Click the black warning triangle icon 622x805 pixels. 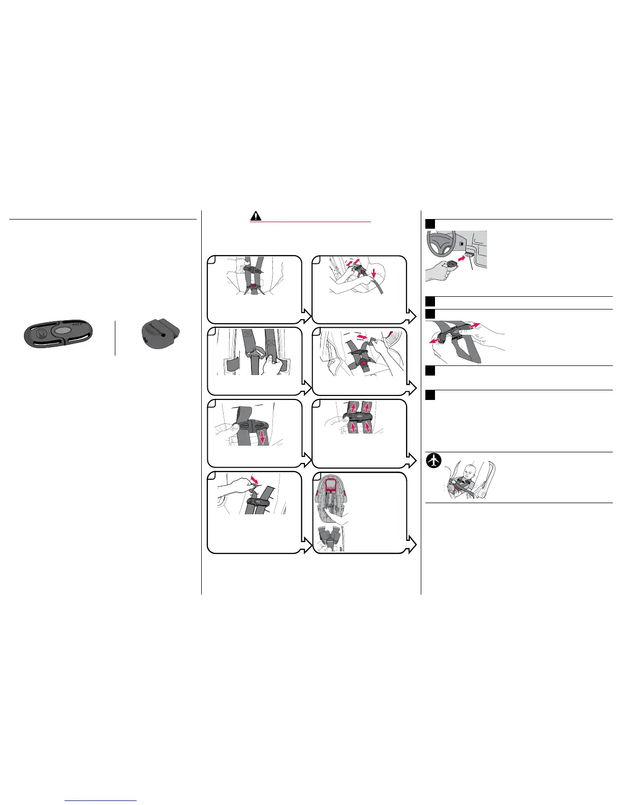256,215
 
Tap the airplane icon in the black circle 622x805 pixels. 433,460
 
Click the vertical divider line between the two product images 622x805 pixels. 115,338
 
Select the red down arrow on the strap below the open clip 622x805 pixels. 263,436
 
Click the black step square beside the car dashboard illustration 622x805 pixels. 430,224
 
